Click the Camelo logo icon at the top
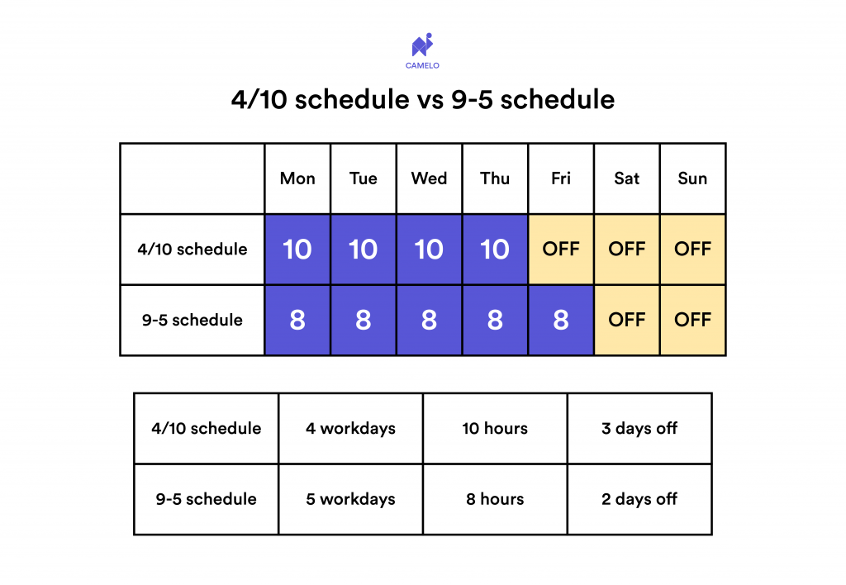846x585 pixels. pyautogui.click(x=422, y=45)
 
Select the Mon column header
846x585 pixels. pyautogui.click(x=297, y=178)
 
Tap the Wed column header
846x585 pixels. pyautogui.click(x=429, y=178)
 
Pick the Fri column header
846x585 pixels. pyautogui.click(x=561, y=178)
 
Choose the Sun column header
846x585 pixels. pyautogui.click(x=692, y=178)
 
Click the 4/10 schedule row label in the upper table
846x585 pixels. pyautogui.click(x=192, y=250)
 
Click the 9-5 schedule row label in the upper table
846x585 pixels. pyautogui.click(x=192, y=321)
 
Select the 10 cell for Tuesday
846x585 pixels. pyautogui.click(x=364, y=250)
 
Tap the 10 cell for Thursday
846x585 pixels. pyautogui.click(x=495, y=250)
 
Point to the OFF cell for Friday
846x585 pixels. pyautogui.click(x=561, y=250)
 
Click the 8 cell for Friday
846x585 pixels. pyautogui.click(x=561, y=321)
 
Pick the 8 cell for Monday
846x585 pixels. pyautogui.click(x=297, y=321)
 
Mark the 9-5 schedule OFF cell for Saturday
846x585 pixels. pyautogui.click(x=626, y=321)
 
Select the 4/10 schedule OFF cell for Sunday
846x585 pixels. pyautogui.click(x=692, y=250)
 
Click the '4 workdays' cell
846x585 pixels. pyautogui.click(x=350, y=429)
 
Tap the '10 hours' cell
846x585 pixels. pyautogui.click(x=495, y=429)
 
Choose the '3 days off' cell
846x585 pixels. pyautogui.click(x=639, y=429)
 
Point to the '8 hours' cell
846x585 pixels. pyautogui.click(x=495, y=499)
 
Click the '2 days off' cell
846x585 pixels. pyautogui.click(x=639, y=499)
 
